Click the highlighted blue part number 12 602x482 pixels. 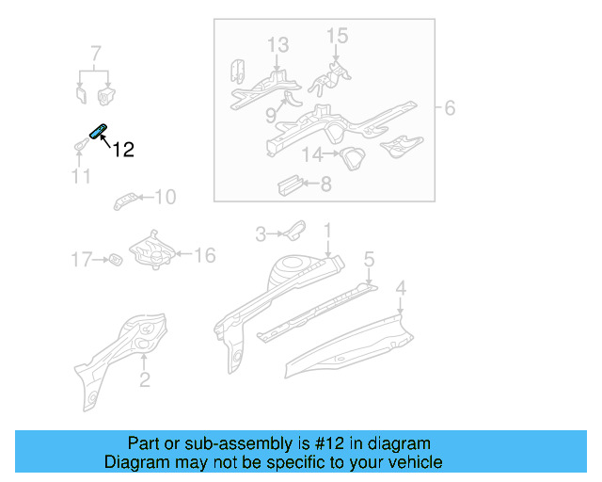pyautogui.click(x=99, y=130)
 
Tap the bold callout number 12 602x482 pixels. pyautogui.click(x=123, y=150)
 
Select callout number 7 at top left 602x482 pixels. pyautogui.click(x=95, y=52)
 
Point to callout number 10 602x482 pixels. pyautogui.click(x=165, y=197)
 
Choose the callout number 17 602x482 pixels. pyautogui.click(x=83, y=258)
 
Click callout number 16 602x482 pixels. pyautogui.click(x=205, y=254)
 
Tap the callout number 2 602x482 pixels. pyautogui.click(x=144, y=379)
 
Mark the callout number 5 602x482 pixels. pyautogui.click(x=369, y=258)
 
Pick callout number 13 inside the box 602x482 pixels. pyautogui.click(x=277, y=44)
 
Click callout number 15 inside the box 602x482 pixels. pyautogui.click(x=337, y=36)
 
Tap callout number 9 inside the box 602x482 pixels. pyautogui.click(x=270, y=115)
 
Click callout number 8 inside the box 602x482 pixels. pyautogui.click(x=325, y=185)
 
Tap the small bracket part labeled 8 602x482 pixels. pyautogui.click(x=288, y=183)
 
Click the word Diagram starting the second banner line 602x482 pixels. pyautogui.click(x=134, y=462)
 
